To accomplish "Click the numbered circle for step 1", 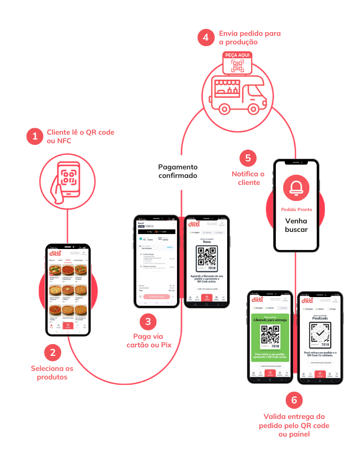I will (35, 136).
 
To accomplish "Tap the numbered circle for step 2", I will (52, 352).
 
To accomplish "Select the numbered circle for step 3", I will (148, 322).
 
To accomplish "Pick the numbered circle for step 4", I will (205, 38).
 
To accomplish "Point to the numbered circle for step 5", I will (247, 158).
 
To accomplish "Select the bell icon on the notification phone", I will (297, 187).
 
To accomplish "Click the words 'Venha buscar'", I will (297, 225).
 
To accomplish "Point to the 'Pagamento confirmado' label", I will (178, 171).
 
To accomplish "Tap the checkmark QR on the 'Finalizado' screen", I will (319, 335).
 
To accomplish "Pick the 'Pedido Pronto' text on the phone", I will (297, 209).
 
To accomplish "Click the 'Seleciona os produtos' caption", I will (52, 372).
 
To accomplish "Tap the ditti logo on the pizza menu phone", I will (55, 253).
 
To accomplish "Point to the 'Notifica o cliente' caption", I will (248, 178).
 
